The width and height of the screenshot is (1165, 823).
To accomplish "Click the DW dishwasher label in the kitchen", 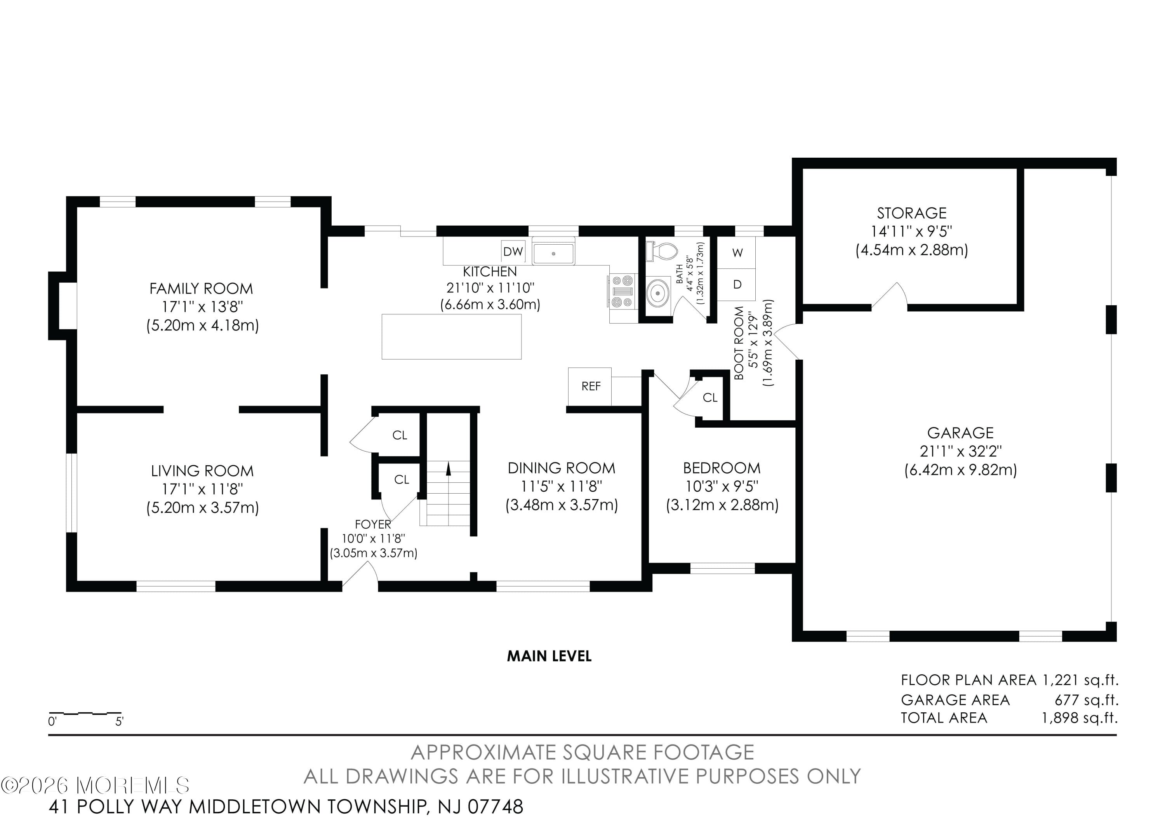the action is pos(513,251).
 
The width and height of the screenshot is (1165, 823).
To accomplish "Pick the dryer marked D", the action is pos(737,285).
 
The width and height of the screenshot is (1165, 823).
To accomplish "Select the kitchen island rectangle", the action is pos(452,337).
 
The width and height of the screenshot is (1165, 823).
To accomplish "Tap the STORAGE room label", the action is pos(912,213).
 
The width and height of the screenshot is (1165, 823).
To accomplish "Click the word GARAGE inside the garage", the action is pos(960,433).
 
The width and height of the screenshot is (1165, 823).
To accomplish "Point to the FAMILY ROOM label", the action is pos(201,289).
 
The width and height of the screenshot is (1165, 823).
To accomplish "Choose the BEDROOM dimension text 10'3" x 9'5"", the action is pos(722,487).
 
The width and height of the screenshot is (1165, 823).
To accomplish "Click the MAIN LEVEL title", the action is pos(549,656).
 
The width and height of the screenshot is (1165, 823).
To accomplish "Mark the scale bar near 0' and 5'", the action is pos(85,713).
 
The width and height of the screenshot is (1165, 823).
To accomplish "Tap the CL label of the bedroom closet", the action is pos(710,398).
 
